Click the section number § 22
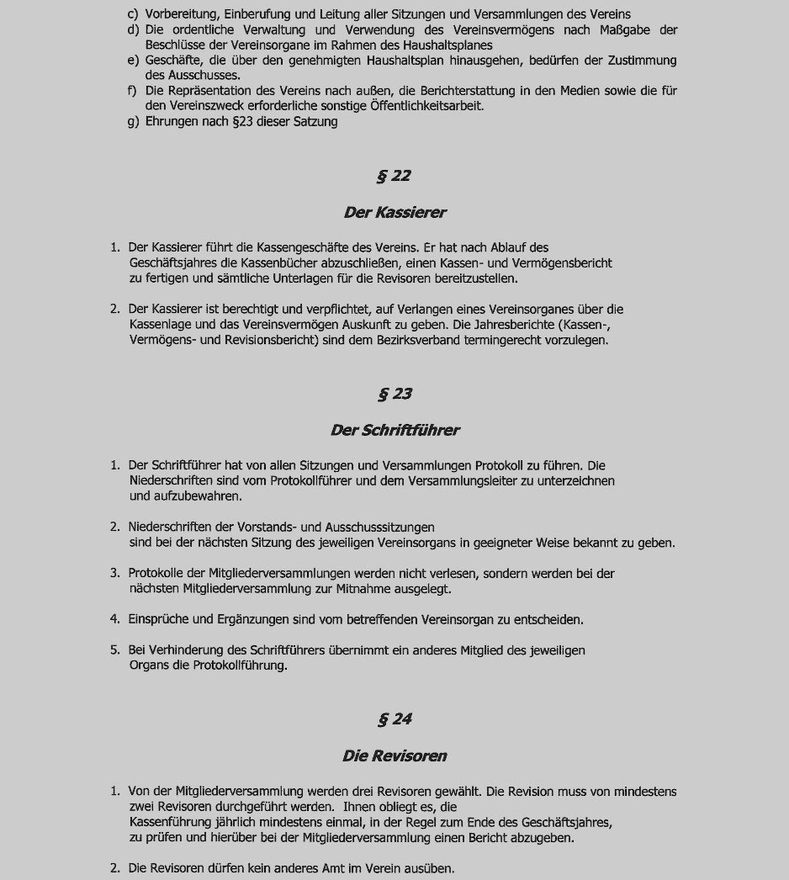394,176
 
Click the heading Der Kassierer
394,212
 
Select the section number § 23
394,394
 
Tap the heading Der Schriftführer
394,430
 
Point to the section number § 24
394,719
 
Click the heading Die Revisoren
394,755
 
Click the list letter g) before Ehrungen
133,122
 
